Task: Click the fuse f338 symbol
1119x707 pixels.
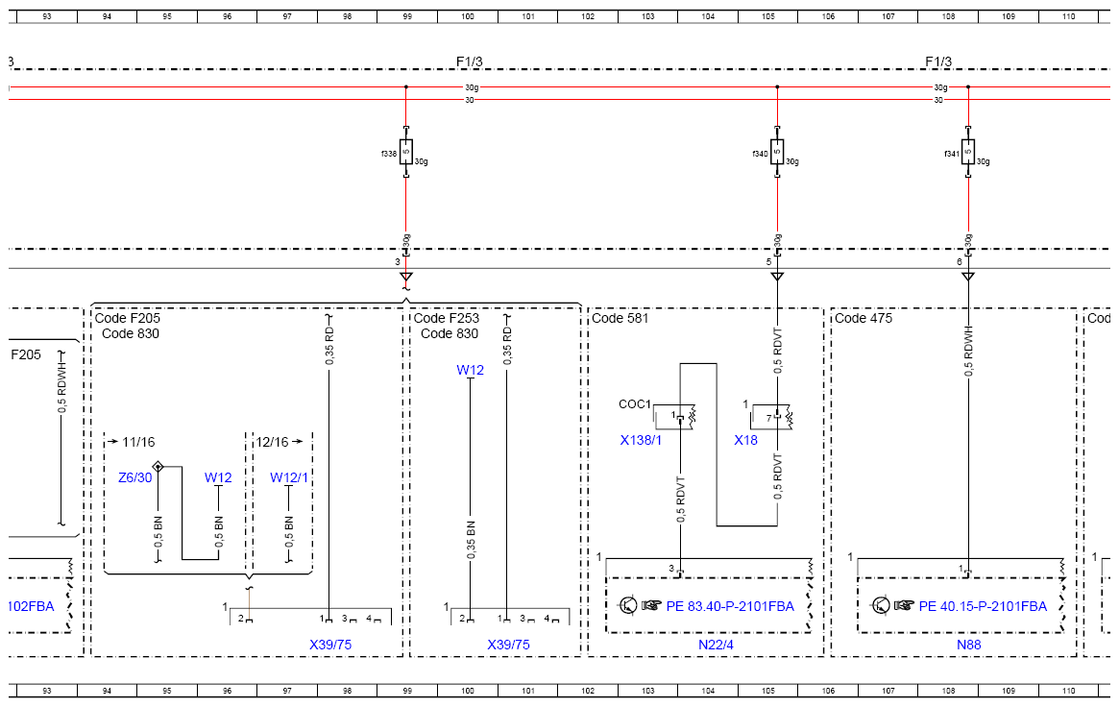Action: [x=406, y=152]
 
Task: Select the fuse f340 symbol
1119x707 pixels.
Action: [x=777, y=152]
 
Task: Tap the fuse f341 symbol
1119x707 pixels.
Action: [x=967, y=152]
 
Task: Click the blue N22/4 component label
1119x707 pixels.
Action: [x=716, y=645]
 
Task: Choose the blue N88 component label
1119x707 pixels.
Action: [x=968, y=645]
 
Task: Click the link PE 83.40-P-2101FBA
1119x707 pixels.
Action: [x=730, y=606]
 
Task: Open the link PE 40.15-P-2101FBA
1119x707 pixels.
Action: [x=983, y=606]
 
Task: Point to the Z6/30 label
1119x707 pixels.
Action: [x=134, y=478]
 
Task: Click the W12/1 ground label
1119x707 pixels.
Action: [x=289, y=478]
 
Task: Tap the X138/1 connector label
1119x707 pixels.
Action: [x=641, y=440]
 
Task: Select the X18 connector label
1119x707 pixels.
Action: [x=745, y=440]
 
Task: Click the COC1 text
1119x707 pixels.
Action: [x=635, y=404]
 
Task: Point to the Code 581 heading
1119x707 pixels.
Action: [x=620, y=318]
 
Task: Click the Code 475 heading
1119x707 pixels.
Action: [x=864, y=318]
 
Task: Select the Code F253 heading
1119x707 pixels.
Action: [x=447, y=318]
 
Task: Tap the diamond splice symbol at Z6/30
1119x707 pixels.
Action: [x=158, y=467]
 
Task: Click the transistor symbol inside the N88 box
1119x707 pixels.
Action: [x=881, y=606]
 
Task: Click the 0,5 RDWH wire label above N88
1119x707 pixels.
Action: [x=968, y=352]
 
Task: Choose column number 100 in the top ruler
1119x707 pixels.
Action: [x=468, y=16]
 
